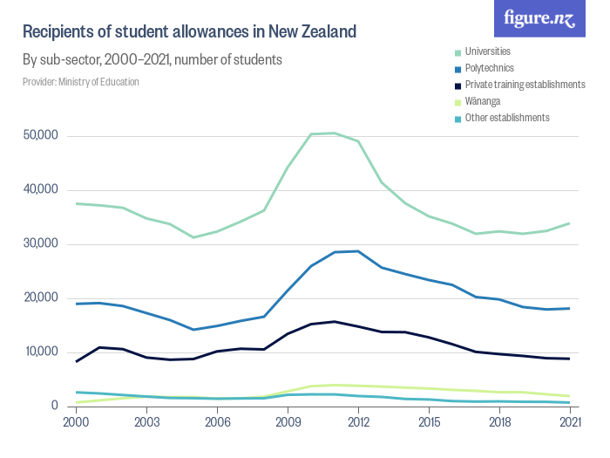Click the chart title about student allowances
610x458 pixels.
coord(189,32)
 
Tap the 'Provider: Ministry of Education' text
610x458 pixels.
coord(80,82)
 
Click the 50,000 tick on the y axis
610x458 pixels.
coord(40,136)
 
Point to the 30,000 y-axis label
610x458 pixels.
coord(40,244)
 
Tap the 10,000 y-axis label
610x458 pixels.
coord(40,352)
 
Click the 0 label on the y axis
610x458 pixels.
coord(54,407)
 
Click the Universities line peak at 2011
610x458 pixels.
coord(335,133)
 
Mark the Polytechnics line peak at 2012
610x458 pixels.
coord(358,251)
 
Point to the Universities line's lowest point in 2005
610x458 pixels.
coord(193,237)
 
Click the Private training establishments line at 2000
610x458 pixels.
coord(76,361)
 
